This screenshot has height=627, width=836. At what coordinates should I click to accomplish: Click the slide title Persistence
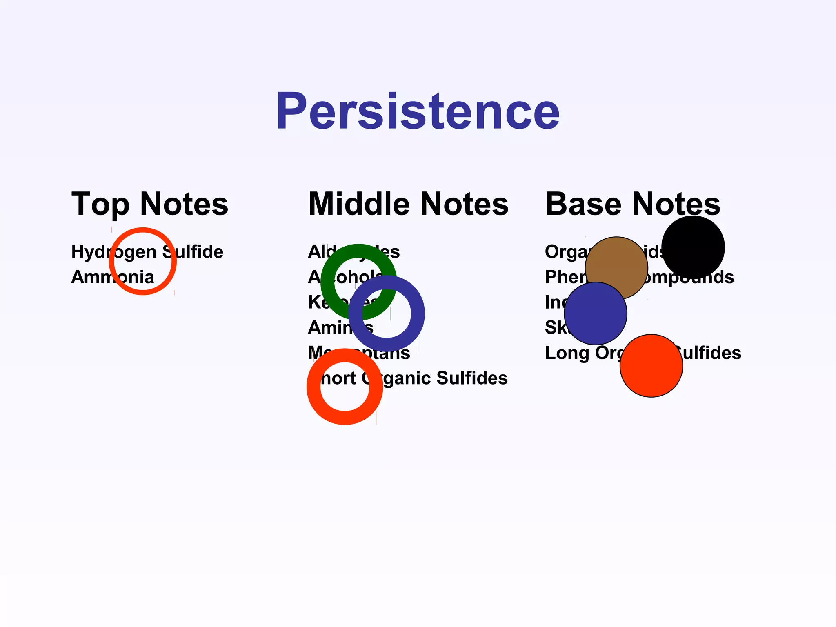[x=418, y=111]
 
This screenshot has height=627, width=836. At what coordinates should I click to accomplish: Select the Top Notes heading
[x=150, y=204]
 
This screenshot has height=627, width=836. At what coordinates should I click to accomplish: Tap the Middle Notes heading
[x=408, y=204]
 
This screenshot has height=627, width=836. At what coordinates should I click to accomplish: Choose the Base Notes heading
[x=633, y=204]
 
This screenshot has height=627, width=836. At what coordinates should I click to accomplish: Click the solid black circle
[x=693, y=247]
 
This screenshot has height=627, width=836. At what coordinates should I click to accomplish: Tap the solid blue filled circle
[x=595, y=313]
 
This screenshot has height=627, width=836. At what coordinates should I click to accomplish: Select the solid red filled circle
[x=651, y=366]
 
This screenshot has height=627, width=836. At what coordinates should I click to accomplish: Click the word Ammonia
[x=113, y=277]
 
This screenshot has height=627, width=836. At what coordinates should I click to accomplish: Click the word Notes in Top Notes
[x=184, y=204]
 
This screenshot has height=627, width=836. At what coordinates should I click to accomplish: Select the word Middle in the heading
[x=359, y=204]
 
